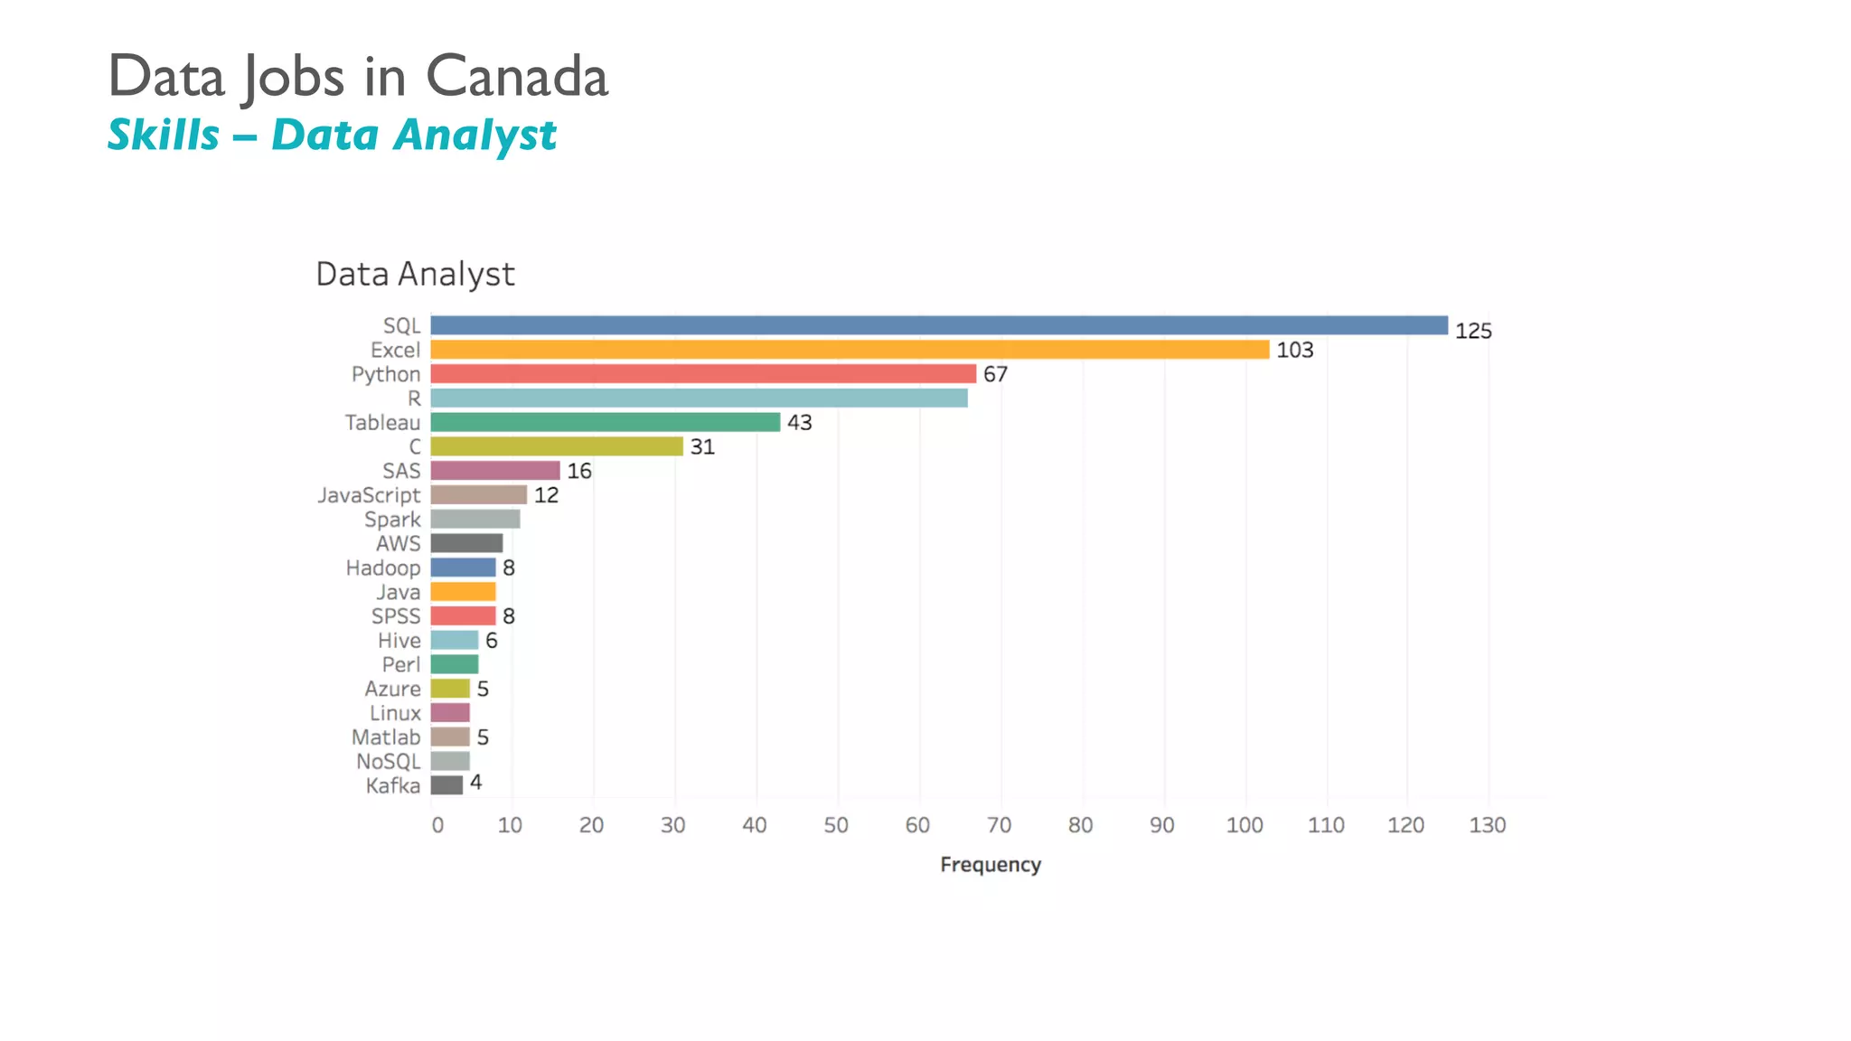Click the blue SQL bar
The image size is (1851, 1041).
pyautogui.click(x=938, y=325)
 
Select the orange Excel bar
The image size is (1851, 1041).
pyautogui.click(x=850, y=350)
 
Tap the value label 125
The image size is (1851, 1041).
pyautogui.click(x=1472, y=331)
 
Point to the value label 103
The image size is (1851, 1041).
pyautogui.click(x=1294, y=350)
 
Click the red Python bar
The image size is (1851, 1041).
pyautogui.click(x=703, y=374)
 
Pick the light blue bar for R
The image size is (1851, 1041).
pyautogui.click(x=699, y=398)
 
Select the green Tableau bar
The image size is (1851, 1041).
pyautogui.click(x=605, y=422)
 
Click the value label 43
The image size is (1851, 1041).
pyautogui.click(x=799, y=423)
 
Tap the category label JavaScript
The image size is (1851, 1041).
pyautogui.click(x=369, y=495)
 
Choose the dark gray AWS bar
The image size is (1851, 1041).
pyautogui.click(x=466, y=543)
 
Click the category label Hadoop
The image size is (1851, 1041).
pyautogui.click(x=383, y=567)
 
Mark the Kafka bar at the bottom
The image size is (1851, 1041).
pyautogui.click(x=446, y=784)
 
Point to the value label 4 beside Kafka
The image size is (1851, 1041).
pyautogui.click(x=475, y=783)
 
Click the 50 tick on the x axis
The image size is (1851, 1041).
pyautogui.click(x=836, y=825)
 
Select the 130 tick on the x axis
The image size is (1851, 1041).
pyautogui.click(x=1487, y=825)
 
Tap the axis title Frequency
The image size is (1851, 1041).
pyautogui.click(x=991, y=865)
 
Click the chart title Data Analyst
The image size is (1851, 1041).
pyautogui.click(x=415, y=274)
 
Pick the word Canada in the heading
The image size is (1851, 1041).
pyautogui.click(x=517, y=76)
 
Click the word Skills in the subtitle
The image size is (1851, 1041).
pyautogui.click(x=164, y=136)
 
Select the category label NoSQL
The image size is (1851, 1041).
pyautogui.click(x=388, y=761)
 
